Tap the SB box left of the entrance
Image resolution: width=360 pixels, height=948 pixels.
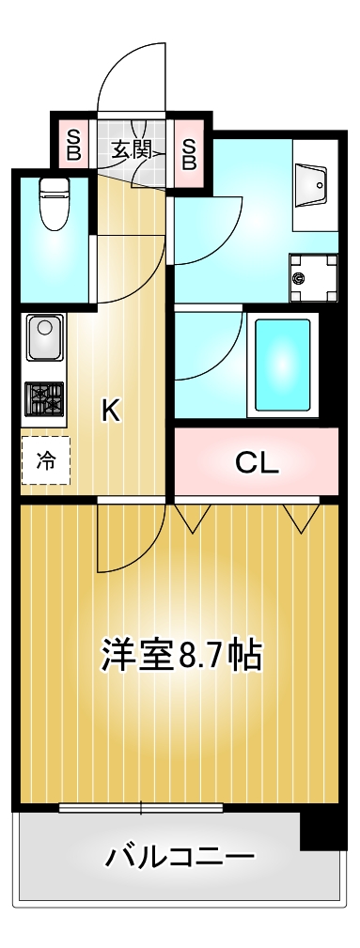(73, 145)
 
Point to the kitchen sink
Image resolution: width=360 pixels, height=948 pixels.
(42, 337)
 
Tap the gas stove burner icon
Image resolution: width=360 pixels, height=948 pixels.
(43, 398)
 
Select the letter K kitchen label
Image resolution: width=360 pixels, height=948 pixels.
(111, 411)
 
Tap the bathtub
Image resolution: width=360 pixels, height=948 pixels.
(282, 365)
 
